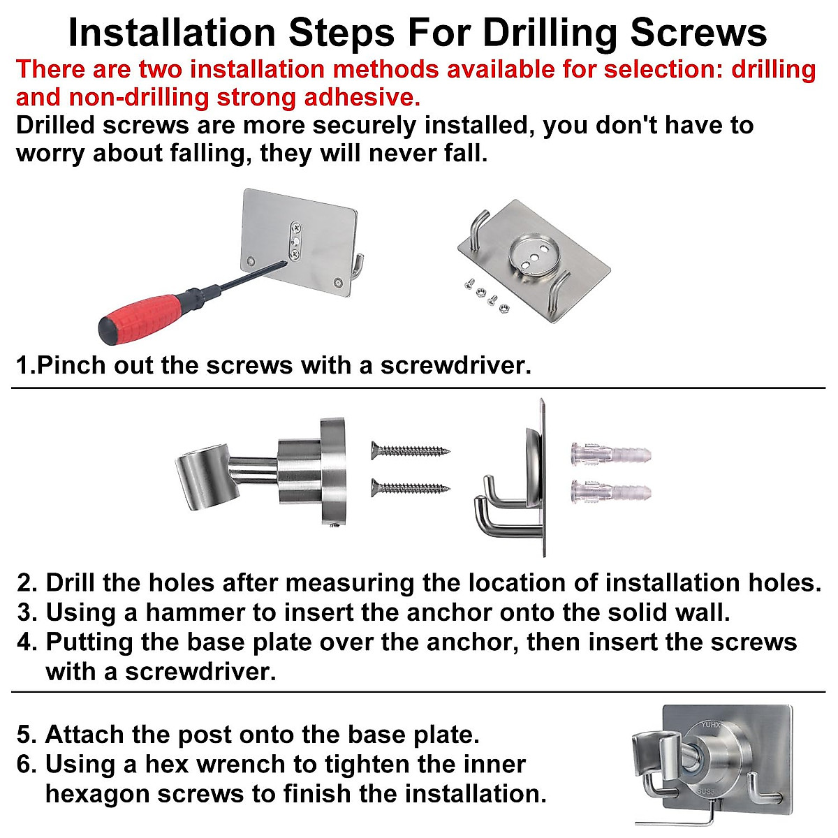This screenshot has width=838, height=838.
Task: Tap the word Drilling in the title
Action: (x=550, y=34)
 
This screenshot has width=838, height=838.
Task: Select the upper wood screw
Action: (x=411, y=450)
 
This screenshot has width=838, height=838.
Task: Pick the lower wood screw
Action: (x=411, y=487)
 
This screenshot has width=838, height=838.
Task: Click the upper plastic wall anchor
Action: (x=610, y=455)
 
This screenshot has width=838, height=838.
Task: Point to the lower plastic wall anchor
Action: (x=610, y=492)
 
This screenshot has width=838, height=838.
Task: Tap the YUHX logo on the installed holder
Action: (x=711, y=724)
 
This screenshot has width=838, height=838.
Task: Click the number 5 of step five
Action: (x=24, y=735)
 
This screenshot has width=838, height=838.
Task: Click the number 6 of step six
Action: (x=24, y=764)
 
